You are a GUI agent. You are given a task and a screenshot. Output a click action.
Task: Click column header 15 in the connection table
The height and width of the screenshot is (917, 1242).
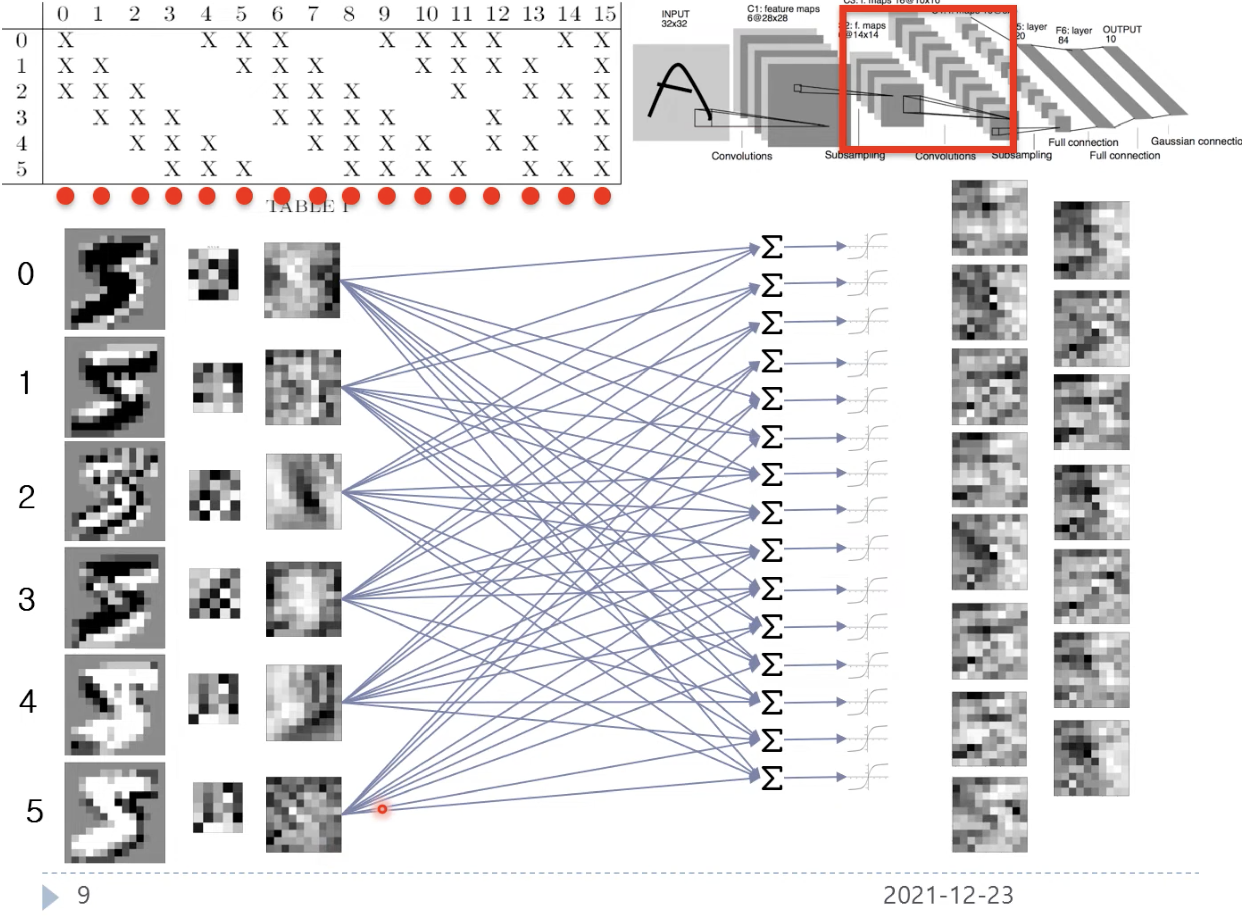pyautogui.click(x=604, y=14)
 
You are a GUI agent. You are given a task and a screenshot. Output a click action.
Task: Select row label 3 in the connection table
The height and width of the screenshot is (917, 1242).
pyautogui.click(x=21, y=117)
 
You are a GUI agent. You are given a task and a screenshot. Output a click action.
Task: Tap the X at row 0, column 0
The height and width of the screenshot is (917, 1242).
pyautogui.click(x=65, y=40)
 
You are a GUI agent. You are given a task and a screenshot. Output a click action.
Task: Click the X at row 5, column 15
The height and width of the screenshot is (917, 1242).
pyautogui.click(x=602, y=169)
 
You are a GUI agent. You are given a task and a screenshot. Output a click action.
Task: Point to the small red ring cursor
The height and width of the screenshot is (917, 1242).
pyautogui.click(x=382, y=809)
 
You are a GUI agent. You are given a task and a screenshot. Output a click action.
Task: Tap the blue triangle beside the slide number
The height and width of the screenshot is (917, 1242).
pyautogui.click(x=50, y=897)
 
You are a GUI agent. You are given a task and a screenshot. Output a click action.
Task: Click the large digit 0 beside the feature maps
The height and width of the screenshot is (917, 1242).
pyautogui.click(x=25, y=274)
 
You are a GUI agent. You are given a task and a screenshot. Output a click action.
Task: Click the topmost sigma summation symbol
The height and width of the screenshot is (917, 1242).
pyautogui.click(x=771, y=247)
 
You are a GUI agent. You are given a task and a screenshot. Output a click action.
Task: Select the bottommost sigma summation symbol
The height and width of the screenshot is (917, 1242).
pyautogui.click(x=771, y=778)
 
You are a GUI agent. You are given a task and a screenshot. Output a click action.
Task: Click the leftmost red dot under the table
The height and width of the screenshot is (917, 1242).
pyautogui.click(x=65, y=196)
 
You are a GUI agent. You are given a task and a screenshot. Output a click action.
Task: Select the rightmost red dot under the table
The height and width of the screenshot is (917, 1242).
pyautogui.click(x=602, y=196)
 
